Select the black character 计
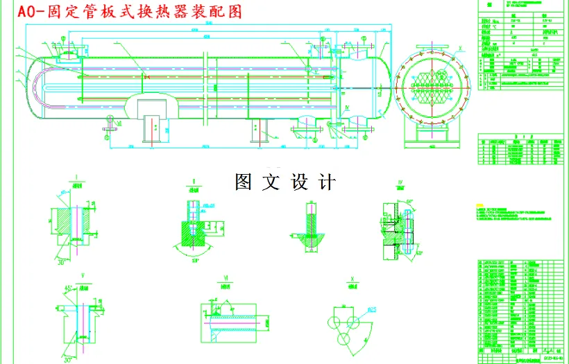tap(327, 182)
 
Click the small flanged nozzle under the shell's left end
tap(109, 126)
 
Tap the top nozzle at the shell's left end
tap(73, 48)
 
